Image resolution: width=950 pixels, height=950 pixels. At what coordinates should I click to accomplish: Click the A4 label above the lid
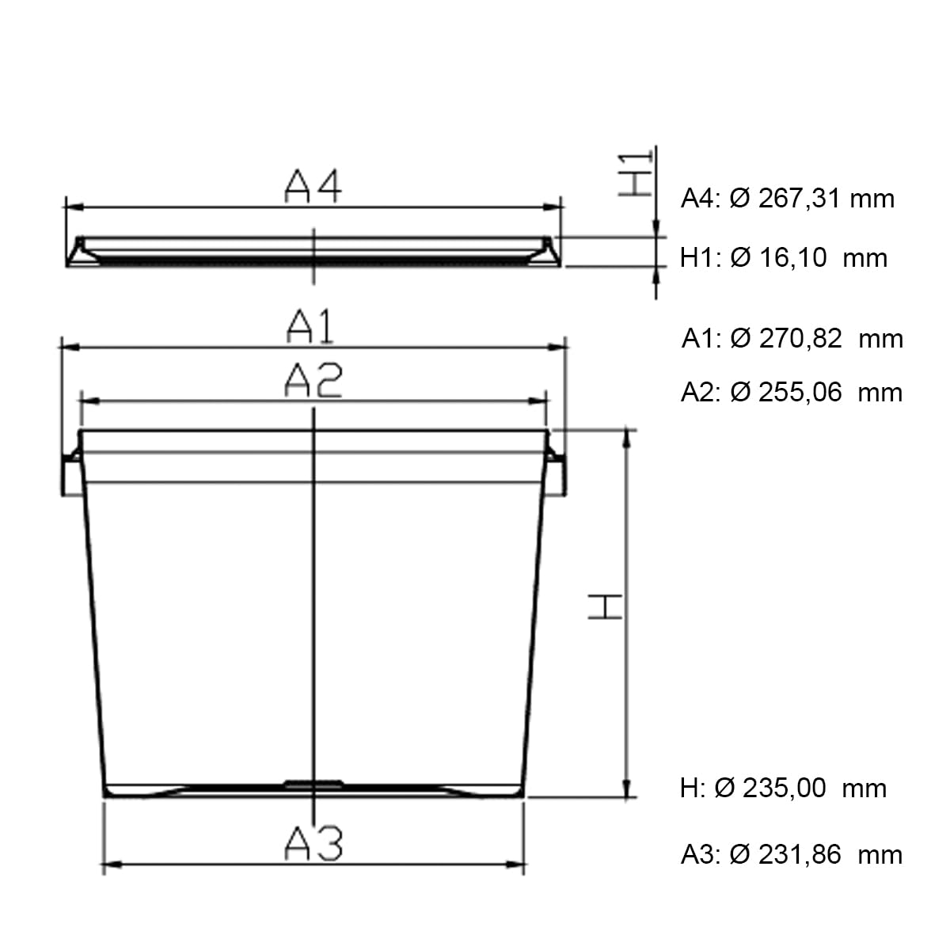pos(313,186)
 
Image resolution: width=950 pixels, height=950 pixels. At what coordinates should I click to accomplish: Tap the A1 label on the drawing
pos(310,326)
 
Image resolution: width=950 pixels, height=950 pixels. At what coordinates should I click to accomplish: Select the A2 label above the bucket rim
pos(313,380)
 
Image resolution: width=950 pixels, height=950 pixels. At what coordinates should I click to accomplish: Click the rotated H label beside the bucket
pos(605,606)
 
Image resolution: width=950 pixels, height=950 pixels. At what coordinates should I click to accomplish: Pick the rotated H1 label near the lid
pos(636,174)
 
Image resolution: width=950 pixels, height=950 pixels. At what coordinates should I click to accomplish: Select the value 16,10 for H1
pos(792,257)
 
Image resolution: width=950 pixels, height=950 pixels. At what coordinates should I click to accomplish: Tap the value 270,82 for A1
pos(800,339)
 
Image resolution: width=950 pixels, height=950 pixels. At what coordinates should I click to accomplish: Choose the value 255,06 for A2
pos(800,393)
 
